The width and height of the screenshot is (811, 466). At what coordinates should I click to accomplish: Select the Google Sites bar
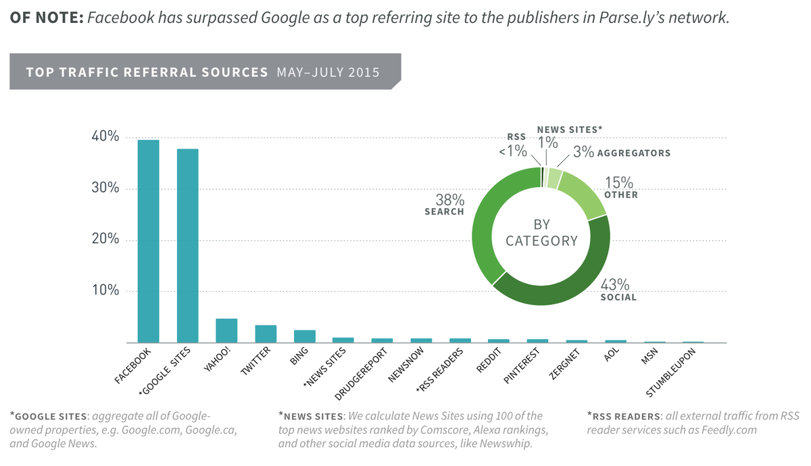[x=187, y=246]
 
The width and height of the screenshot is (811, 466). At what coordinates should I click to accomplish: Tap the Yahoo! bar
[x=226, y=330]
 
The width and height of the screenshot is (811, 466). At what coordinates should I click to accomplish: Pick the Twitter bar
[x=266, y=334]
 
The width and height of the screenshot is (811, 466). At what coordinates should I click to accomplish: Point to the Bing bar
[x=305, y=336]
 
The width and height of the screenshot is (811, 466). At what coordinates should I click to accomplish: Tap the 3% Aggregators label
[x=583, y=153]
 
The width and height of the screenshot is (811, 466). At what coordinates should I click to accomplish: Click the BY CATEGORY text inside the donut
[x=541, y=232]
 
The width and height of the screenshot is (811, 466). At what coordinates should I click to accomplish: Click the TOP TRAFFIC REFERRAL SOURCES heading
[x=147, y=72]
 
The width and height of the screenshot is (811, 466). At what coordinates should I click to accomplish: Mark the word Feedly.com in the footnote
[x=729, y=430]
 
